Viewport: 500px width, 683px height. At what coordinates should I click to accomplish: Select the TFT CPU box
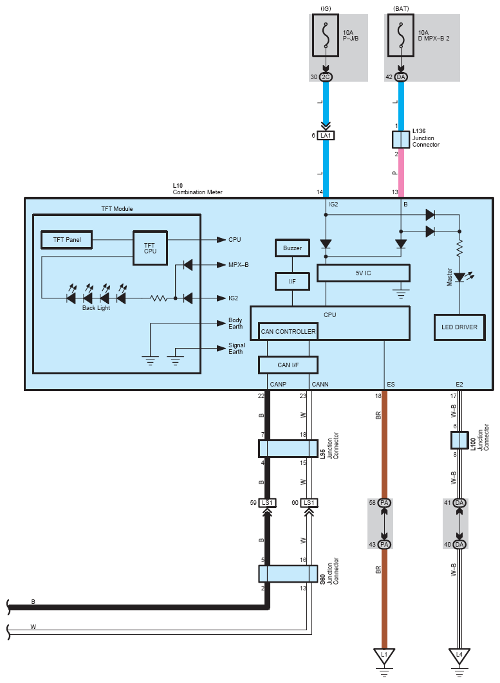pos(149,248)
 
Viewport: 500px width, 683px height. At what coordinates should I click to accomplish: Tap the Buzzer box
pos(292,248)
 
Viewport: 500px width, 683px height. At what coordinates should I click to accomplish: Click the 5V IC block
pos(363,273)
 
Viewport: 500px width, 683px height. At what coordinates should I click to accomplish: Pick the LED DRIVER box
pos(459,327)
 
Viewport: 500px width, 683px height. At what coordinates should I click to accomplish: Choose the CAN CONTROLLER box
pos(288,332)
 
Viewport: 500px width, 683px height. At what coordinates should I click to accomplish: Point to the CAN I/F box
pos(288,365)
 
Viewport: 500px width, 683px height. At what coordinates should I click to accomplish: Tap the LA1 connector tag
pos(326,136)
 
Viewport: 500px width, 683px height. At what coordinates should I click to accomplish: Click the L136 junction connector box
pos(401,140)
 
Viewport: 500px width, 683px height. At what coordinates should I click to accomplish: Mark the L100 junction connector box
pos(459,440)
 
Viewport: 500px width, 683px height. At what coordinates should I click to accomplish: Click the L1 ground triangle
pos(384,656)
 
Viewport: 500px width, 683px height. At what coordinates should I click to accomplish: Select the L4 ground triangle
pos(459,656)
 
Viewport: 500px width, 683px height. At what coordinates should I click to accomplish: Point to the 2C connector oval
pos(326,77)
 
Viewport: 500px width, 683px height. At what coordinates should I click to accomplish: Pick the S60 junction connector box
pos(288,573)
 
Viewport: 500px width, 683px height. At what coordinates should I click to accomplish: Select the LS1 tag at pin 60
pos(309,503)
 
